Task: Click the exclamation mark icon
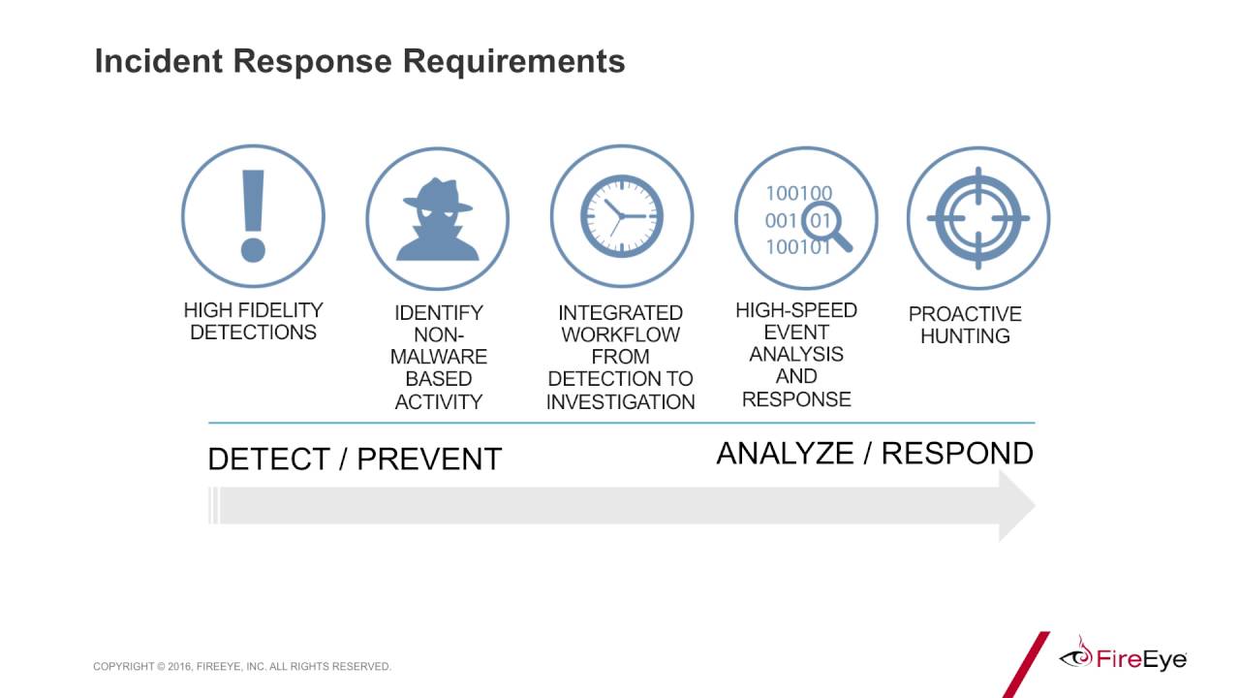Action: point(253,216)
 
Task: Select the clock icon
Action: point(621,216)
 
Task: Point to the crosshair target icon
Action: point(977,218)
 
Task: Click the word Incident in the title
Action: point(157,61)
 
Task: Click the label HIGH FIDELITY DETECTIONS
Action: point(253,321)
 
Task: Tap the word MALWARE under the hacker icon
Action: point(438,357)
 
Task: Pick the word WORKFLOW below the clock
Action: point(621,334)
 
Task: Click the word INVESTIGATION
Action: point(621,401)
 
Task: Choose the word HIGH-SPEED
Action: point(796,310)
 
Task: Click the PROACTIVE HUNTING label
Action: point(965,325)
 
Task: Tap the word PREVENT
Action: point(429,459)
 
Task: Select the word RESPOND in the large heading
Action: point(957,453)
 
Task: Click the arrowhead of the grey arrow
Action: point(1016,506)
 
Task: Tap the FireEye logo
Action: point(1124,658)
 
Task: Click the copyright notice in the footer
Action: point(242,667)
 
